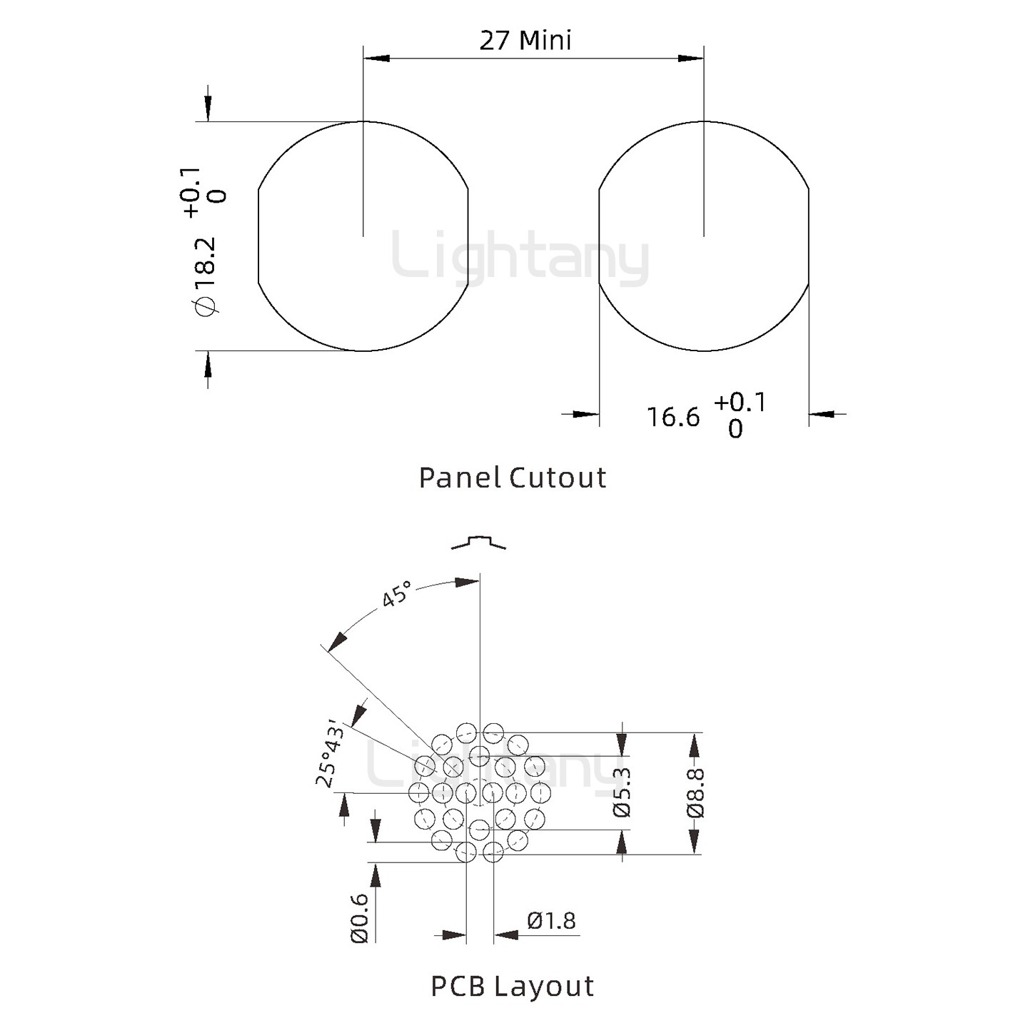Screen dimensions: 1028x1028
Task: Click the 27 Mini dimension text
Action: click(x=525, y=40)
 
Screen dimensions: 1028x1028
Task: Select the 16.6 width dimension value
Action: click(x=673, y=417)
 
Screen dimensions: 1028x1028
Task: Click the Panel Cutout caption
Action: click(x=513, y=478)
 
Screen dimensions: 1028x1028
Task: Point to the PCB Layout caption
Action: click(x=513, y=986)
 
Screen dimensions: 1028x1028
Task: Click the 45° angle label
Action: click(x=396, y=594)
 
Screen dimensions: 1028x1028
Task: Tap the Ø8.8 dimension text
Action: click(x=695, y=792)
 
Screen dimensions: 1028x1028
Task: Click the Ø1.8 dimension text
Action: click(x=551, y=921)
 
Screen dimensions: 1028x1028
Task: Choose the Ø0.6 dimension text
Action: click(x=360, y=918)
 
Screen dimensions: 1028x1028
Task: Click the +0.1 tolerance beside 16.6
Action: click(x=740, y=403)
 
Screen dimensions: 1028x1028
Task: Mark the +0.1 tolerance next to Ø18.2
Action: click(x=191, y=192)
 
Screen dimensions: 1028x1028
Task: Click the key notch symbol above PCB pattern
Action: click(x=478, y=542)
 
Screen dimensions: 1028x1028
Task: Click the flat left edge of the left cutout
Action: click(x=258, y=236)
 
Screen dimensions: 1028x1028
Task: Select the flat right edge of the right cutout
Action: click(x=809, y=236)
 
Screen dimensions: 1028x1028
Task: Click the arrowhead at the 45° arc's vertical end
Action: click(x=468, y=582)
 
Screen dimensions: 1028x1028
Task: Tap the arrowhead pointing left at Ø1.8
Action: click(x=505, y=934)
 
